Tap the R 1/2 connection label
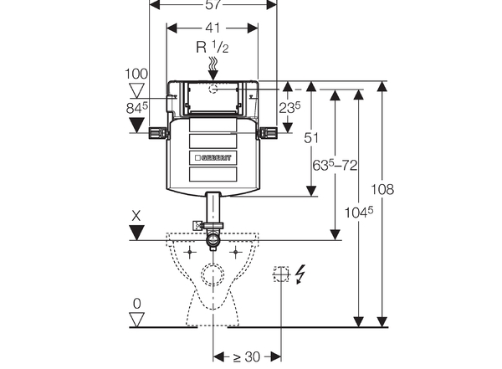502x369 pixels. coord(213,48)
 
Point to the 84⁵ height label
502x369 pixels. coord(136,106)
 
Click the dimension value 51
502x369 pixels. coord(310,138)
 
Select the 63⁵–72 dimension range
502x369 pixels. coord(334,165)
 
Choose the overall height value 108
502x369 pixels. coord(382,190)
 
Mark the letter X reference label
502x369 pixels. coord(136,217)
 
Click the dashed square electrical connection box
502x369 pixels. coord(280,274)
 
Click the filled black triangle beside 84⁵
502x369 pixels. coord(136,126)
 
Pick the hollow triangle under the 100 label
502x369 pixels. coord(135,90)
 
